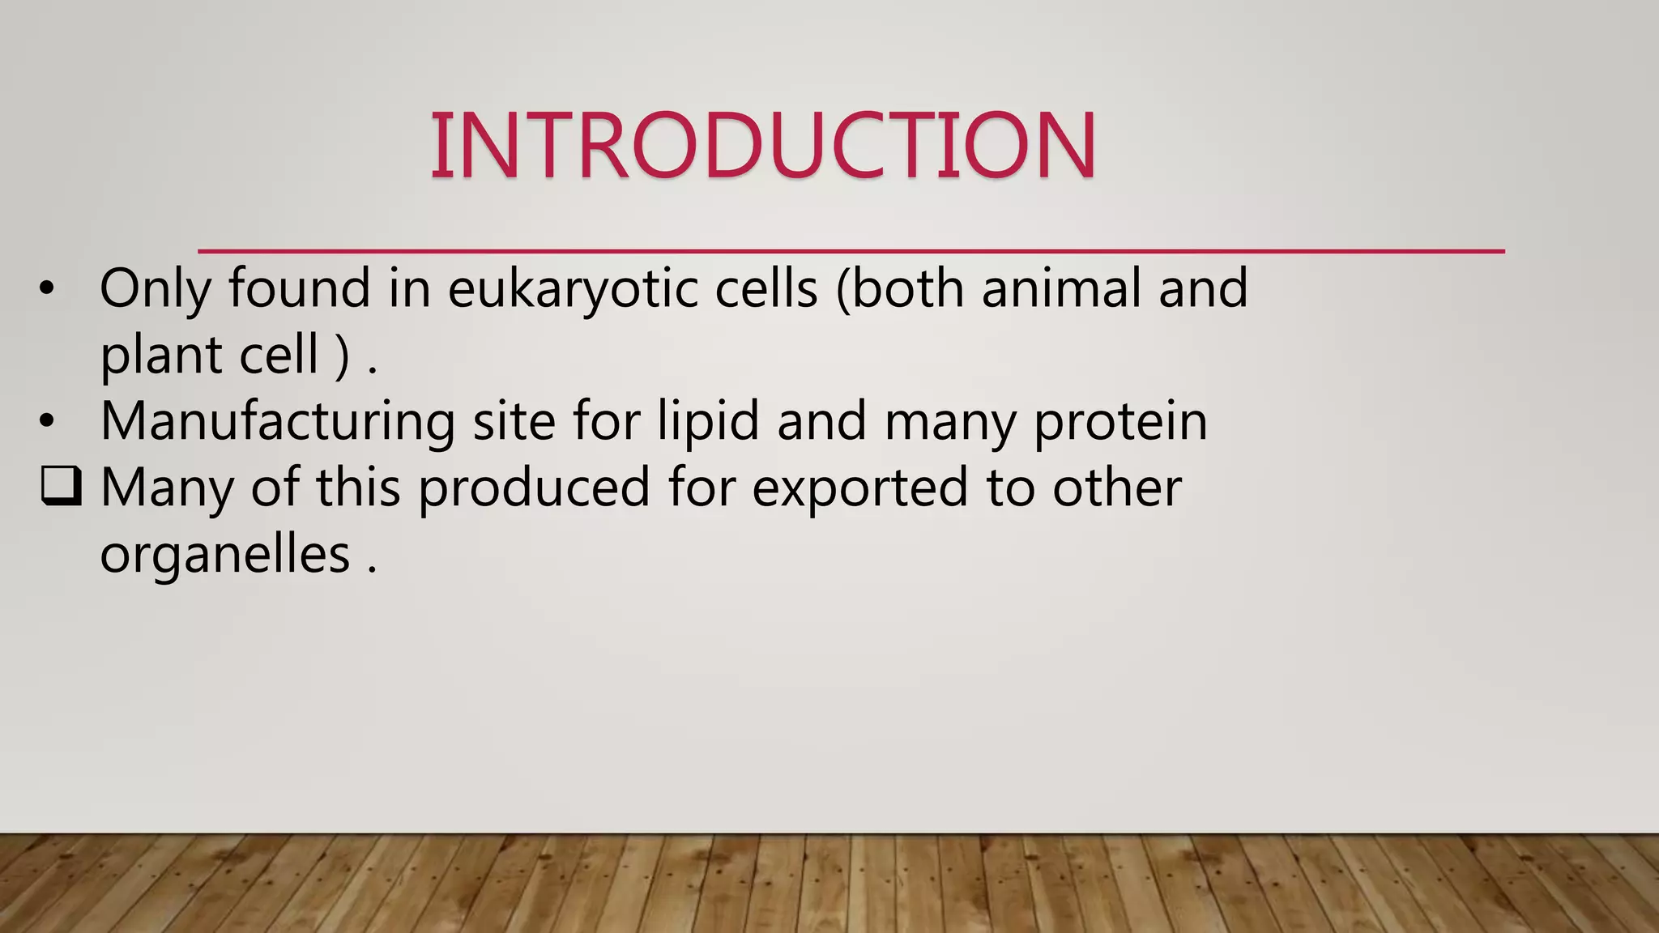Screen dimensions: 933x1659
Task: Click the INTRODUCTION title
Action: coord(763,146)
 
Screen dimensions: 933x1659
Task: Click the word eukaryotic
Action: coord(573,289)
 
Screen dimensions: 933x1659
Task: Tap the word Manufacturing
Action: coord(277,422)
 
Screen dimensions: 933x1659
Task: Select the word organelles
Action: coord(224,555)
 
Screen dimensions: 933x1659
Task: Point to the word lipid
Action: coord(707,422)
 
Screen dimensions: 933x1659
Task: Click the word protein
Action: coord(1120,422)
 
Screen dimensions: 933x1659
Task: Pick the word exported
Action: coord(859,488)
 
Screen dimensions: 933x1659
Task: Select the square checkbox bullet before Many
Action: coord(61,487)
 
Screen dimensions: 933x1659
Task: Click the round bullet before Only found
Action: coord(47,289)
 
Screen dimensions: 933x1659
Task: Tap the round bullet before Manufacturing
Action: coord(47,422)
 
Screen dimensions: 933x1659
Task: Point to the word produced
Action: coord(534,488)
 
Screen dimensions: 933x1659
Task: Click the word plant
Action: coord(161,356)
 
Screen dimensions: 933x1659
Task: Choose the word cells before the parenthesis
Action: coord(766,289)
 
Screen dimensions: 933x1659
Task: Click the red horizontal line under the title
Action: coord(851,252)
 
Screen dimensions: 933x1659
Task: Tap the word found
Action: coord(299,289)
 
